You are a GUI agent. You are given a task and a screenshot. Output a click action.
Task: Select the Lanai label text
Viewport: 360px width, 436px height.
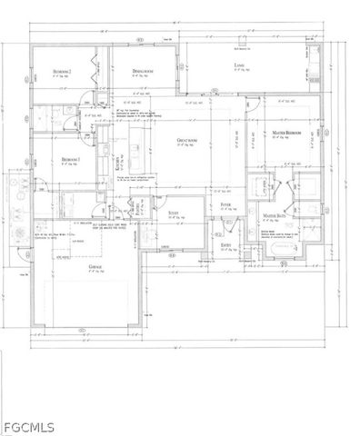[238, 67]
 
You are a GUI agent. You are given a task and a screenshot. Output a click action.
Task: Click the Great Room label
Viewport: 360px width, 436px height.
[188, 140]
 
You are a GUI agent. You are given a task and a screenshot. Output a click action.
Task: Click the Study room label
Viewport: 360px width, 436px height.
[175, 213]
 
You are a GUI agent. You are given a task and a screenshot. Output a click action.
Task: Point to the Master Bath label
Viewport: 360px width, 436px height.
[275, 216]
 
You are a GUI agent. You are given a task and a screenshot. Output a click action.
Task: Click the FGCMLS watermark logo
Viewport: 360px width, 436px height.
[26, 423]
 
